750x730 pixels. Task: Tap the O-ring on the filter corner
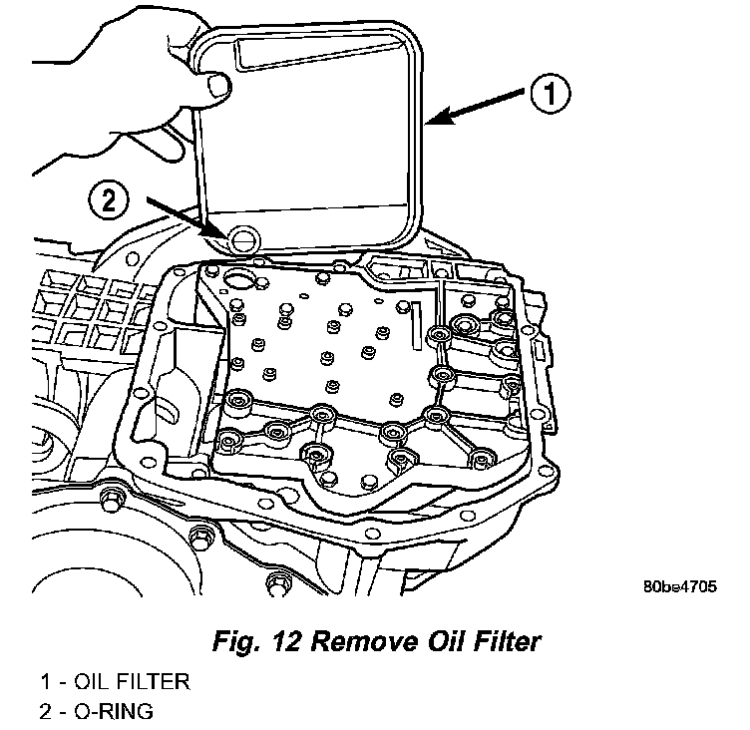point(239,239)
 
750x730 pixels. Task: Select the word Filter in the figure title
point(505,640)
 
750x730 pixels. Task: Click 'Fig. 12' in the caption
point(249,640)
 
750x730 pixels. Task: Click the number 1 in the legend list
point(46,683)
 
